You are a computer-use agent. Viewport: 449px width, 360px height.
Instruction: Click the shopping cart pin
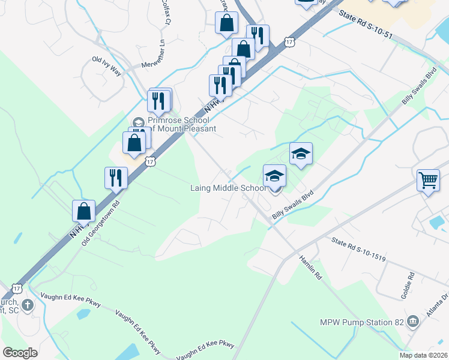click(x=428, y=179)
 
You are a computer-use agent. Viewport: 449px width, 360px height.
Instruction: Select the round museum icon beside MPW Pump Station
click(x=412, y=322)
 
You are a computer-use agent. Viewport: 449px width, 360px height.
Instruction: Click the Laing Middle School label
click(x=229, y=188)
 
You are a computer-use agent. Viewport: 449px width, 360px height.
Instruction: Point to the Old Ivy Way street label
click(x=106, y=66)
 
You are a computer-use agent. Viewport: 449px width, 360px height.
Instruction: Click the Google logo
click(x=20, y=353)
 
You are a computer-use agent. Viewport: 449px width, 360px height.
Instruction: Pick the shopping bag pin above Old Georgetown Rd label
click(x=83, y=211)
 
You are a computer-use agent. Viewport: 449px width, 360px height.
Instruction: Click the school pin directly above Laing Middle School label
click(x=274, y=175)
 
